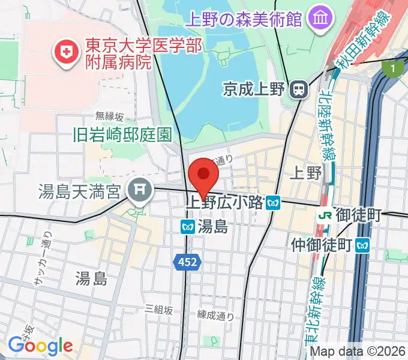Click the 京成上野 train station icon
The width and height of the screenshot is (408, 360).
(x=298, y=90)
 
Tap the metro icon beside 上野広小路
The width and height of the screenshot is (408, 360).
(x=273, y=203)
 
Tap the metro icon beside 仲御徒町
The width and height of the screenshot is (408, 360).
(x=362, y=245)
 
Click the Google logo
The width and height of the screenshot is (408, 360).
(x=40, y=346)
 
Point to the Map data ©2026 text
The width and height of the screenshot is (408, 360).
(x=358, y=351)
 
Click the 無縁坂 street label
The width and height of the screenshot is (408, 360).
(x=109, y=116)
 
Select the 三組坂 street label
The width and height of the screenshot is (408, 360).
(x=159, y=310)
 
